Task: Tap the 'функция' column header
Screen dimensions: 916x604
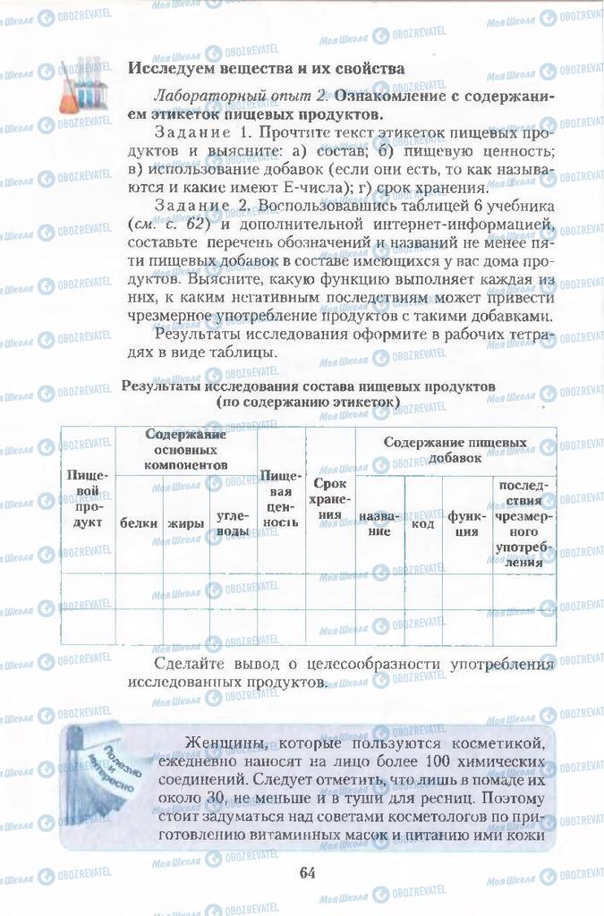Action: click(465, 523)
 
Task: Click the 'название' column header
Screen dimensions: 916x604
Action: click(380, 523)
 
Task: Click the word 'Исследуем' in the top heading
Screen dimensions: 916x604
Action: click(169, 67)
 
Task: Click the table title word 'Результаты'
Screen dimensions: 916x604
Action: click(163, 386)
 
